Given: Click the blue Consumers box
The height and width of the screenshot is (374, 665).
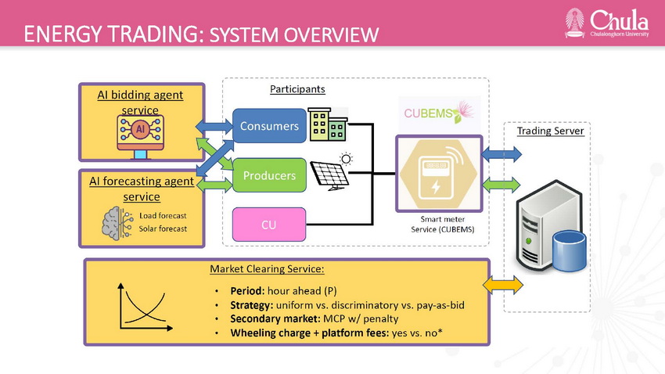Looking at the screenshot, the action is coord(269,125).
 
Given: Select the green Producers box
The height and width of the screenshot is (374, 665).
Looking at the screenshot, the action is coord(269,175).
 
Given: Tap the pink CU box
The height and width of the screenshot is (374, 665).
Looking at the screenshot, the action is coord(269,225).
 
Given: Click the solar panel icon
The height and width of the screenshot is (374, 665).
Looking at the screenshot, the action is coord(329,175).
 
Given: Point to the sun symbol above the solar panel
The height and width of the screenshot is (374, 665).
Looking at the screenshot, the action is coord(346,159).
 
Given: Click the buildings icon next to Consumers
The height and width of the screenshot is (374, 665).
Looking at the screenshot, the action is coord(328,124).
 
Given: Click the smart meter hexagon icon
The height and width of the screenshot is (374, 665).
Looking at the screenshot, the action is coord(439,174).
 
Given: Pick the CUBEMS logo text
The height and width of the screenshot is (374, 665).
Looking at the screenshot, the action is coord(429,113).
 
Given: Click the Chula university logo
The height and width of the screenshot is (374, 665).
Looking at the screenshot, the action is coord(606,23).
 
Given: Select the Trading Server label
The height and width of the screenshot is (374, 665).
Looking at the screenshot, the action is coord(550,131).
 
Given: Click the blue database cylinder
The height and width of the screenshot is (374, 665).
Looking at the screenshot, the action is coord(569,251).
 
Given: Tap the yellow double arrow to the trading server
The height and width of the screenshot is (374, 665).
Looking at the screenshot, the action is coord(503,285).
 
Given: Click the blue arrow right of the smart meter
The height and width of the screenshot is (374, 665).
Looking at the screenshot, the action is coord(501,154).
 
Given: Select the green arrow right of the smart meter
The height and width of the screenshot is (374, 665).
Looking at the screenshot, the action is coord(501,185).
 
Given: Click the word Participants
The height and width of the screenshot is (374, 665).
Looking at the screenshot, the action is coord(297,89).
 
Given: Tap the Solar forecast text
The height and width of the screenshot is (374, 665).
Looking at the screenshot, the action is coord(163,228).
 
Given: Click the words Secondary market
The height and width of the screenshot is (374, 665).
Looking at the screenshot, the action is coord(275,318).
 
